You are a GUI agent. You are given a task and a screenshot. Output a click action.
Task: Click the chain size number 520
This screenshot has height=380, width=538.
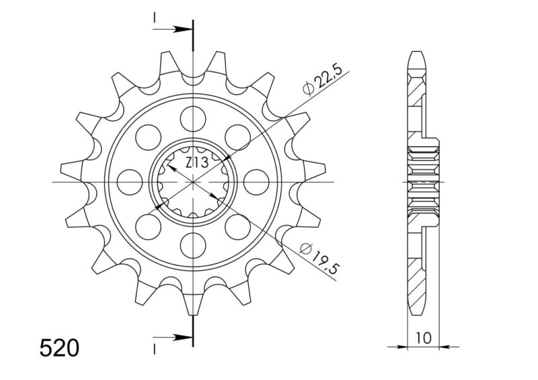pos(59,348)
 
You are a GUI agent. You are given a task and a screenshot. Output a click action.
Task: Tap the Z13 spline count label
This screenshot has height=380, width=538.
pos(196,161)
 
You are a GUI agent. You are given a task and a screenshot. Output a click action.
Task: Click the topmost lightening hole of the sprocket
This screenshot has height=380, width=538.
pos(193,118)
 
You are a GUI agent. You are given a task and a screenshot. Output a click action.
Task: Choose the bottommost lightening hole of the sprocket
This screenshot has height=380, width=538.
pos(193,245)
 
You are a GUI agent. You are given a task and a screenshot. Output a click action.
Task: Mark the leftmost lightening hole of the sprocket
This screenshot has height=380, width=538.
pos(129,182)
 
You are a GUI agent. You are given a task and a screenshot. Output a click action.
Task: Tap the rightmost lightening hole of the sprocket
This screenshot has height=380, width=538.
pos(257,182)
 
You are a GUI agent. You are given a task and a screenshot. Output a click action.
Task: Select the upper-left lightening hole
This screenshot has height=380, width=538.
pos(148,137)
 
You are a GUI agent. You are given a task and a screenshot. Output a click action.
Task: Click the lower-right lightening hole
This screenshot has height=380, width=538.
pos(238,227)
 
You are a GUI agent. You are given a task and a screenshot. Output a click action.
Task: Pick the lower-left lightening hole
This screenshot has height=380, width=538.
pos(148,227)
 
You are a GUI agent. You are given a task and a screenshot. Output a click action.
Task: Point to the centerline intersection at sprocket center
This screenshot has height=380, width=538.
pos(193,182)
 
